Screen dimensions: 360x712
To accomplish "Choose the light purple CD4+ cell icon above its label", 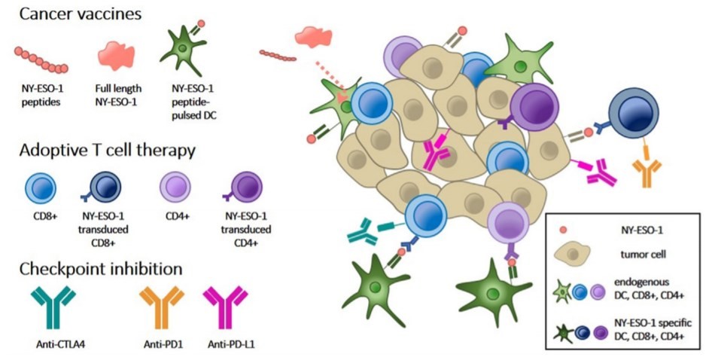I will pos(178,185).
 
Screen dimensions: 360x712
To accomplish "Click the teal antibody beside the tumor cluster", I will pos(367,233).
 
